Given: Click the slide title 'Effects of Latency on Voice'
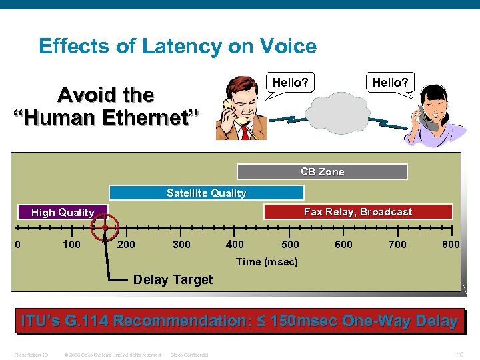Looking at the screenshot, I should point(177,46).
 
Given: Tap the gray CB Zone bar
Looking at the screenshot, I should point(322,171).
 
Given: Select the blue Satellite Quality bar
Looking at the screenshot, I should point(206,193).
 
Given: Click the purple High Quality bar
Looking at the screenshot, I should point(63,212).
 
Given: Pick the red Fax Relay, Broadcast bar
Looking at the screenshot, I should point(358,211).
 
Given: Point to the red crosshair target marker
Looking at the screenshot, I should point(105,227).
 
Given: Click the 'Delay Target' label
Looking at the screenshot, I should point(173,279).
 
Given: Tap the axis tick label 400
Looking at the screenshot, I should point(235,245).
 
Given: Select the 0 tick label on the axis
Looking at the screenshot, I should point(18,244).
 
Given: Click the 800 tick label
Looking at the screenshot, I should point(451,245).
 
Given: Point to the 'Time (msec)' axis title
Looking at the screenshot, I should point(267,261).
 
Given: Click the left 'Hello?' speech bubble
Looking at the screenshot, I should point(290,83).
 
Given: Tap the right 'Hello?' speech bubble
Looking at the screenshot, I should point(390,83).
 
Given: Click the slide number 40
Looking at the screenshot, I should point(460,354).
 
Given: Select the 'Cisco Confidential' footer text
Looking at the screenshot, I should point(189,355).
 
